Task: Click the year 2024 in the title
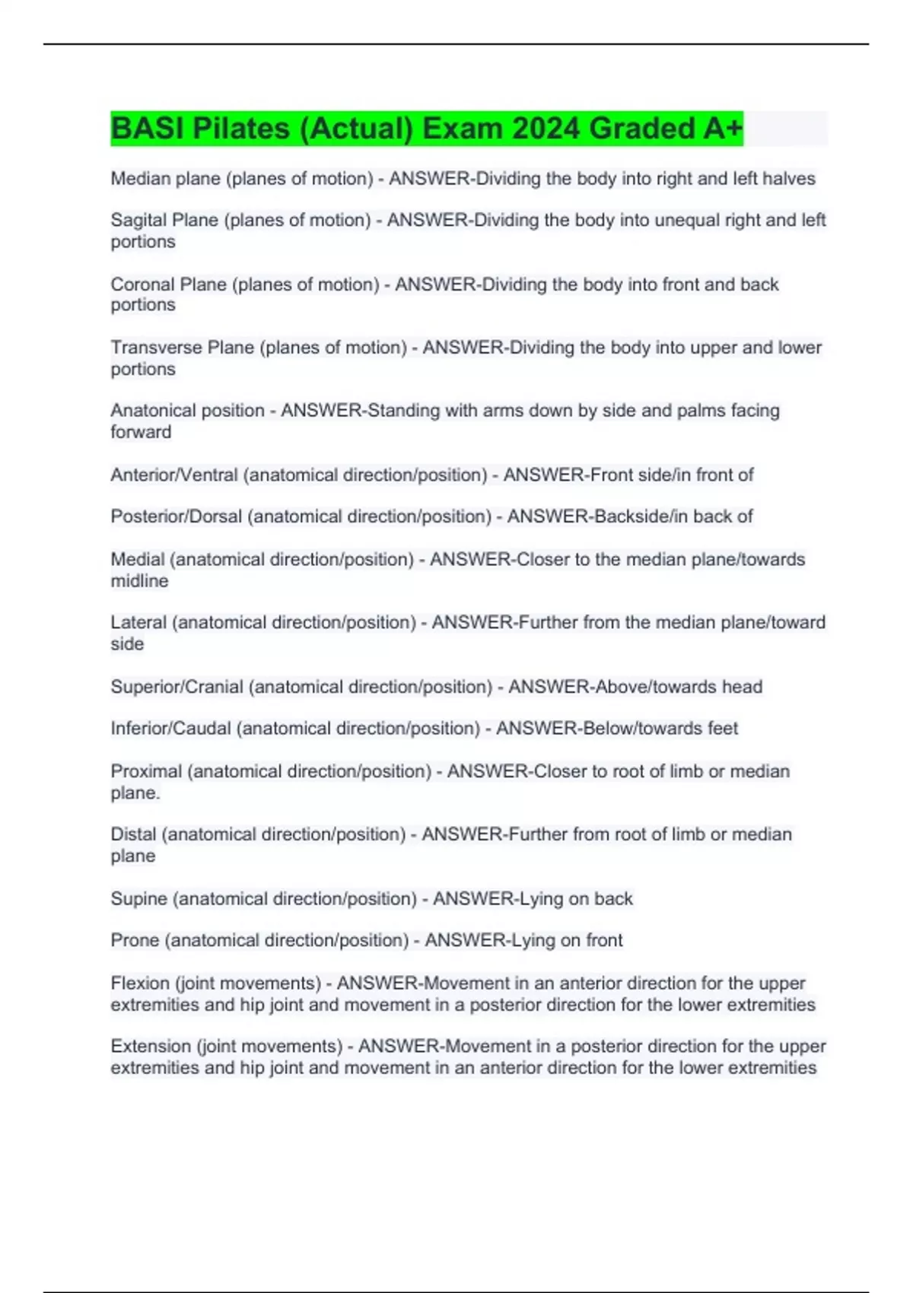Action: (x=546, y=129)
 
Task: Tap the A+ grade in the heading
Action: (x=722, y=129)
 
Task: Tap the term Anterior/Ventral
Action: (x=174, y=475)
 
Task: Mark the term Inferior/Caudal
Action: (x=170, y=729)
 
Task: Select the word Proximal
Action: (x=146, y=771)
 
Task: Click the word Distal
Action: (x=133, y=834)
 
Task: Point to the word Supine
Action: (x=139, y=899)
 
